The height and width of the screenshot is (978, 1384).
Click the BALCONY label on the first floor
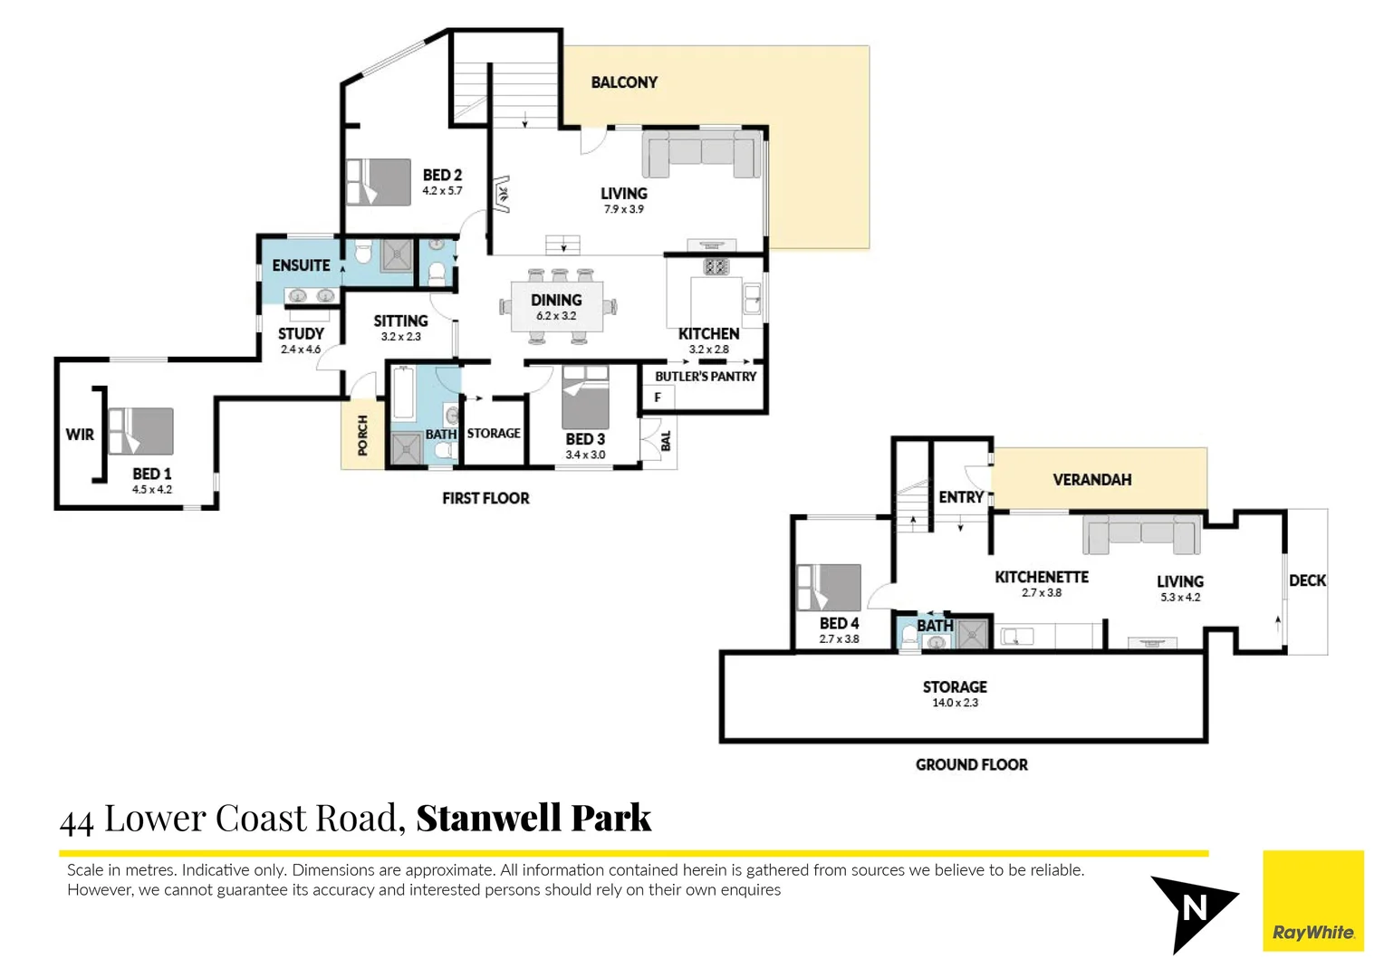pos(624,82)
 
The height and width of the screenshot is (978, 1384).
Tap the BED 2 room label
pos(442,175)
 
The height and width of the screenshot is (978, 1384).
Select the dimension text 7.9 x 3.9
pos(624,209)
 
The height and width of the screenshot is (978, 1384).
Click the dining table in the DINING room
pos(556,307)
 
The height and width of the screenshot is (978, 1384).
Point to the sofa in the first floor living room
pos(701,153)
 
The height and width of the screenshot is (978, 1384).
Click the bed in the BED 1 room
pos(140,431)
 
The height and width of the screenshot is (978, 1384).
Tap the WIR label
pos(80,435)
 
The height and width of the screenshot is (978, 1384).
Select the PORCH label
pos(362,435)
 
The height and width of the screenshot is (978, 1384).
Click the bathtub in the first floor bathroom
pos(403,393)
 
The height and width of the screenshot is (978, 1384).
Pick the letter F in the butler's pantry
pos(658,397)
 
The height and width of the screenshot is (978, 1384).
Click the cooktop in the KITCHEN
pos(716,266)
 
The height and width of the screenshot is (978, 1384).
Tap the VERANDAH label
pos(1091,480)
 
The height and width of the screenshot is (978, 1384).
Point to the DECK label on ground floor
pos(1307,580)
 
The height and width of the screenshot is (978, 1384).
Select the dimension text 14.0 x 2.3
pos(955,703)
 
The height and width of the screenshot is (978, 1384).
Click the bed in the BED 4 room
pos(828,588)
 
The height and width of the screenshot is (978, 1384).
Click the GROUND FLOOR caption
pos(971,765)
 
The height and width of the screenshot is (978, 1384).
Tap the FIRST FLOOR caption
pos(485,498)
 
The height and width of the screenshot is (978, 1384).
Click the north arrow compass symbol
pos(1190,908)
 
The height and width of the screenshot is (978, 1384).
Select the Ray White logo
pos(1312,901)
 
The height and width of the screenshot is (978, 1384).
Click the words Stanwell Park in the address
pos(533,819)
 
